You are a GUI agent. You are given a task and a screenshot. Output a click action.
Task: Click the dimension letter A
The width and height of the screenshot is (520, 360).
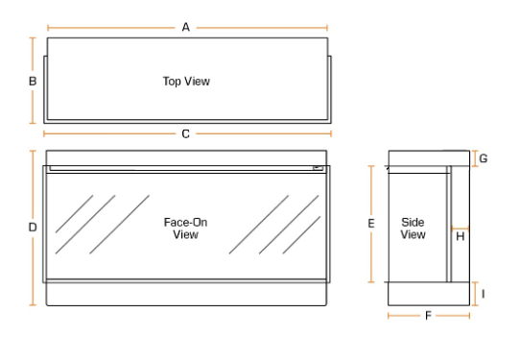click(186, 27)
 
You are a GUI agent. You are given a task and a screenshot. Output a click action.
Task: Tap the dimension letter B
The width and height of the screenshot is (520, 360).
click(33, 82)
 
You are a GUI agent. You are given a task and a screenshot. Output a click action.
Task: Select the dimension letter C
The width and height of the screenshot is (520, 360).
click(186, 134)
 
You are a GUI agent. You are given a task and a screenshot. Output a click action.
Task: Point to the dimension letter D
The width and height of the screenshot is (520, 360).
click(33, 228)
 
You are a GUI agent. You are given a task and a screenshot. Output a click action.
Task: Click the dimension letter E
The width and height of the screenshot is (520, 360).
click(371, 224)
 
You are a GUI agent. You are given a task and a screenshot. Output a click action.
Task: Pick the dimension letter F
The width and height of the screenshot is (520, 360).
click(428, 316)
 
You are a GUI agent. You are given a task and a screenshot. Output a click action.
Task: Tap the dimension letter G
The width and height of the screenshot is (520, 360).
click(484, 158)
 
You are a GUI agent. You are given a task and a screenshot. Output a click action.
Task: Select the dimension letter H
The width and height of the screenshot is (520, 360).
click(461, 236)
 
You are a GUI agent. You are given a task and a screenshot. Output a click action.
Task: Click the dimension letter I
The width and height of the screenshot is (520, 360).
click(484, 294)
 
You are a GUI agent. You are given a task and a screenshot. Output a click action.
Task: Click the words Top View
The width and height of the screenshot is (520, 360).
click(186, 82)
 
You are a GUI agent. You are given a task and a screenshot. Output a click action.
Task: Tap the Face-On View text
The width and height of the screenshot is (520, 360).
click(186, 228)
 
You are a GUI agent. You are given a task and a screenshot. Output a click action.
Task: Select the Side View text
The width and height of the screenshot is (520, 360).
click(413, 228)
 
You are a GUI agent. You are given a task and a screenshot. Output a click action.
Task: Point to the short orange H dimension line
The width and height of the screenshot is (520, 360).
click(460, 228)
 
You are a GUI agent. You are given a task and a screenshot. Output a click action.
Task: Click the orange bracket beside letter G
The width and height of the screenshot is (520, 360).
click(475, 158)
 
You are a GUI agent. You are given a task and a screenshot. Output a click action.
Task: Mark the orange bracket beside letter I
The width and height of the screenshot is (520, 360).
click(475, 294)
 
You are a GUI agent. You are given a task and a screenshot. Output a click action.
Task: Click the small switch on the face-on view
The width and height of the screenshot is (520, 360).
click(318, 168)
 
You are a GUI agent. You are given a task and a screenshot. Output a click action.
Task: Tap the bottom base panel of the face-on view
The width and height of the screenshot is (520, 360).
click(186, 294)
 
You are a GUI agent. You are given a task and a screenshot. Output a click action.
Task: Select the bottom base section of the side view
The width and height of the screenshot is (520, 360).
click(429, 294)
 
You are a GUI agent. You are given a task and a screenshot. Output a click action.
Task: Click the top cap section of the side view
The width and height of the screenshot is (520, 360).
click(429, 158)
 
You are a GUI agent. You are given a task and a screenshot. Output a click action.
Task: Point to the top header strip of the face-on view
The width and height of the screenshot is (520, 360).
click(186, 157)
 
